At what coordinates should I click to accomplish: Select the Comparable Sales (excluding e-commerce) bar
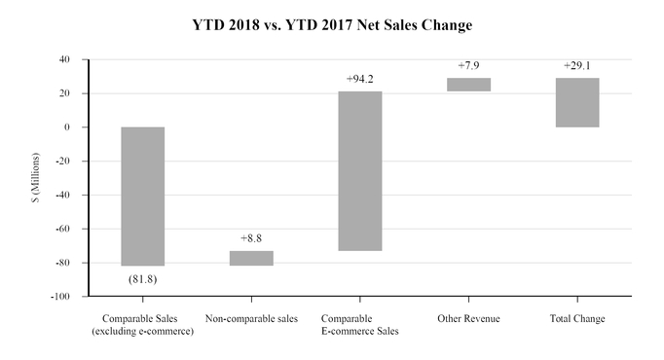click(142, 196)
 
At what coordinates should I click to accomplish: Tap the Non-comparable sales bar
click(251, 258)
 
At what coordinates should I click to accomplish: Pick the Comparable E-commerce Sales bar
click(360, 171)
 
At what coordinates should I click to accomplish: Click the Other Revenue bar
click(469, 85)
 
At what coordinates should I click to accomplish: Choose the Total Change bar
click(578, 102)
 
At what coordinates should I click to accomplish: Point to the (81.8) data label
click(142, 280)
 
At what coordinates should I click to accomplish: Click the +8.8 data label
click(251, 237)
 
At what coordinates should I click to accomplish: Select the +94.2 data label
click(360, 78)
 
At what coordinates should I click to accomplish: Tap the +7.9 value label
click(469, 65)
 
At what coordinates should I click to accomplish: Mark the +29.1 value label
click(578, 65)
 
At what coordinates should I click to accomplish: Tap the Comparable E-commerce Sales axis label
click(360, 325)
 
